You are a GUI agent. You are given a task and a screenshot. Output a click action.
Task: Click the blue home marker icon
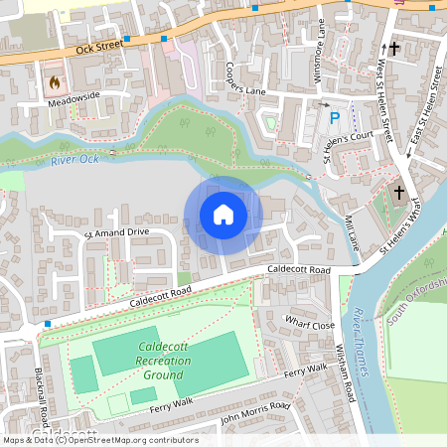(223, 215)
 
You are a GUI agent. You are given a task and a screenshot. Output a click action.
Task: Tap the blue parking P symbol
(335, 118)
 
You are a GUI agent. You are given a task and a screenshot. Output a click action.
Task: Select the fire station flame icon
(54, 79)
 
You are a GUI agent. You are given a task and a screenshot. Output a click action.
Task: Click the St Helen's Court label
(347, 143)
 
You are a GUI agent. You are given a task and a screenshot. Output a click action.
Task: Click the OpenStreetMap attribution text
(99, 440)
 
